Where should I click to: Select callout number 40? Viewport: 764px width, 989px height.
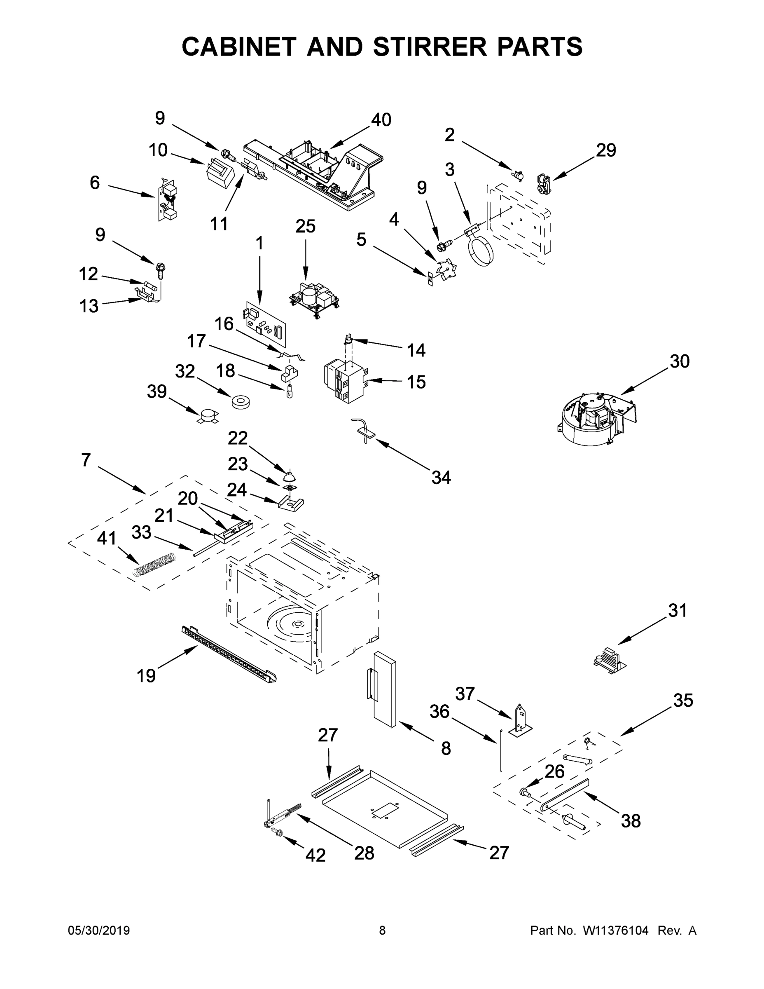(381, 120)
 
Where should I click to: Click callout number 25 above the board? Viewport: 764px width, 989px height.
(305, 226)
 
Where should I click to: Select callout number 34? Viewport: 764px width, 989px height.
(441, 477)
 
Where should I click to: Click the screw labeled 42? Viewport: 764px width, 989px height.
(277, 832)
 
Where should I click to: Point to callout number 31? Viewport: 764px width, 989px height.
(678, 611)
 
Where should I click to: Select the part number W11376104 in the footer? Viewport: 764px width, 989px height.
(616, 930)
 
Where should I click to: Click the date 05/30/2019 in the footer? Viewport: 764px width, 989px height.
(99, 930)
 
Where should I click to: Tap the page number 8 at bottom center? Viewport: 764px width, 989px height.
(382, 930)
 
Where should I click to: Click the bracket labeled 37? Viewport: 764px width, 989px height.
(521, 720)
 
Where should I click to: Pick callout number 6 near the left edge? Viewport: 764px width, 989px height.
(95, 183)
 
